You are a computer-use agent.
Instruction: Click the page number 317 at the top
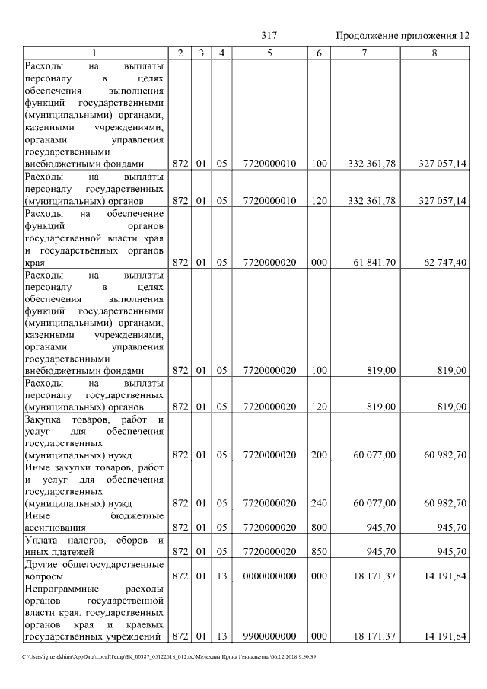269,36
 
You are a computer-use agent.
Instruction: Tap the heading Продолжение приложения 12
403,36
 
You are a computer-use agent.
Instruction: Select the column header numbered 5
269,53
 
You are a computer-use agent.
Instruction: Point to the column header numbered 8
434,53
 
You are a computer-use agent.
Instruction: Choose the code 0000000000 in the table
269,576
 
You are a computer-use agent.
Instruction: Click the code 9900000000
269,636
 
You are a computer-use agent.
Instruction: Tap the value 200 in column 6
319,455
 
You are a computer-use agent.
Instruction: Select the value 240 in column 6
319,502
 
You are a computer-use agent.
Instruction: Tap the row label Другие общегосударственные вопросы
94,570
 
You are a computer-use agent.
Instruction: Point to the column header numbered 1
94,53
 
